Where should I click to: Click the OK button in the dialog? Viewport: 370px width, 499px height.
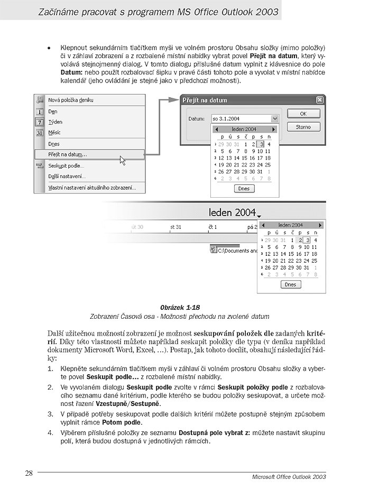tap(303, 113)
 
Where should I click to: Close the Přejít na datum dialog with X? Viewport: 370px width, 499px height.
tap(319, 99)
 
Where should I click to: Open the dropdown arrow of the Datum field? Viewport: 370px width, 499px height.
tap(274, 118)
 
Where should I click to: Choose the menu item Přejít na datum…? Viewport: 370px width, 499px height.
tap(68, 154)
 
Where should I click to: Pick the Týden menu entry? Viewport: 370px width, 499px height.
tap(55, 122)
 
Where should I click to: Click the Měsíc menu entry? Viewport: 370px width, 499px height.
tap(55, 133)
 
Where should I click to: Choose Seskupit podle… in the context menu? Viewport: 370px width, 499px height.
tap(66, 165)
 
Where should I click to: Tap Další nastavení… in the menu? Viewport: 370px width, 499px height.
tap(67, 176)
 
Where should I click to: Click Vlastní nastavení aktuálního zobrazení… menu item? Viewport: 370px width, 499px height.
tap(92, 187)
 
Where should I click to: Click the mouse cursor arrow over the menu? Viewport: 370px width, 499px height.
tap(123, 160)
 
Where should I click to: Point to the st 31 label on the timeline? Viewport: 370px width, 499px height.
tap(176, 227)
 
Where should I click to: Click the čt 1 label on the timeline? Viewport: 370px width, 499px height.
tap(213, 227)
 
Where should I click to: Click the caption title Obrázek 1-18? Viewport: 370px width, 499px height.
tap(180, 307)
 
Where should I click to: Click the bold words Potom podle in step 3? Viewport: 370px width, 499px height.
tap(122, 423)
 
